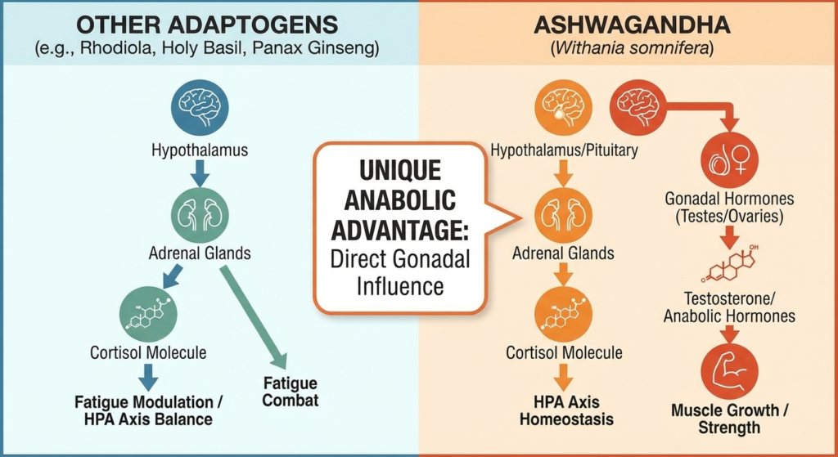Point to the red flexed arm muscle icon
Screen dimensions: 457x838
[x=730, y=370]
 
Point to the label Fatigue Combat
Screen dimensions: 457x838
[x=291, y=392]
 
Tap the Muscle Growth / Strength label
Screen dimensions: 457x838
[x=730, y=419]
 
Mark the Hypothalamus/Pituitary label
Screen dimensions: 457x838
[x=565, y=150]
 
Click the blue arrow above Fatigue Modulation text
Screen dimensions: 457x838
[x=148, y=378]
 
